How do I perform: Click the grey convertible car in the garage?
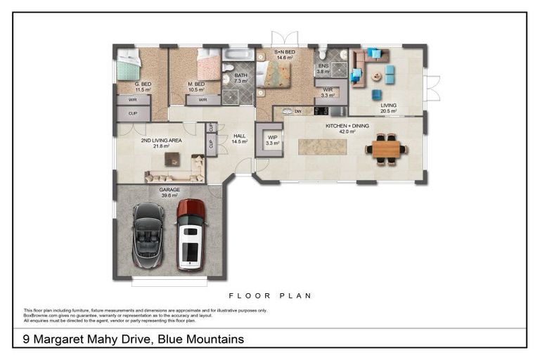tap(148, 235)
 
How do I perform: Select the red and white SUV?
tap(191, 234)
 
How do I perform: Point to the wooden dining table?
tap(385, 149)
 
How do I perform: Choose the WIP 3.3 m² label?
tap(273, 140)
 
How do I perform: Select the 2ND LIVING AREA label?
tap(161, 143)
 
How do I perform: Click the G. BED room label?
tap(143, 86)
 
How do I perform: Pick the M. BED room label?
tap(196, 86)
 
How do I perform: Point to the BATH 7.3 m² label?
tap(241, 78)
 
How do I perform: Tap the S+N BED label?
tap(285, 54)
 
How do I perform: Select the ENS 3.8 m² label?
tap(323, 69)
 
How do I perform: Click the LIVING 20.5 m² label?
tap(389, 108)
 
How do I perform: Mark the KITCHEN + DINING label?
tap(340, 128)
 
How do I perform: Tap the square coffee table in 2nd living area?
tap(172, 159)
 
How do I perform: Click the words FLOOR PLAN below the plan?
tap(270, 296)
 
